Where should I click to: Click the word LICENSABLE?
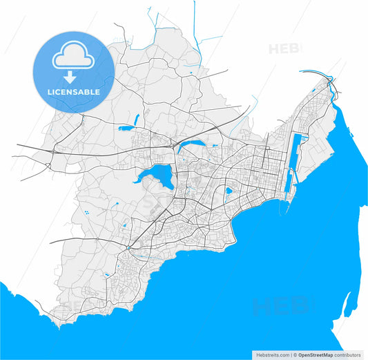(72, 91)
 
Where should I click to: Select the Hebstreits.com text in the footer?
(271, 355)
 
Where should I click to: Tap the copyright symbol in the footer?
(295, 355)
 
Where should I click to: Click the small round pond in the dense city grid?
(227, 191)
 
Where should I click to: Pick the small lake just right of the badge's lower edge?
(126, 128)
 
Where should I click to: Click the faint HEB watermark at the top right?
(284, 49)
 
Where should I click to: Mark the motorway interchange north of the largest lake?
(175, 148)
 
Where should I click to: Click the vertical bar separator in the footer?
(291, 355)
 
